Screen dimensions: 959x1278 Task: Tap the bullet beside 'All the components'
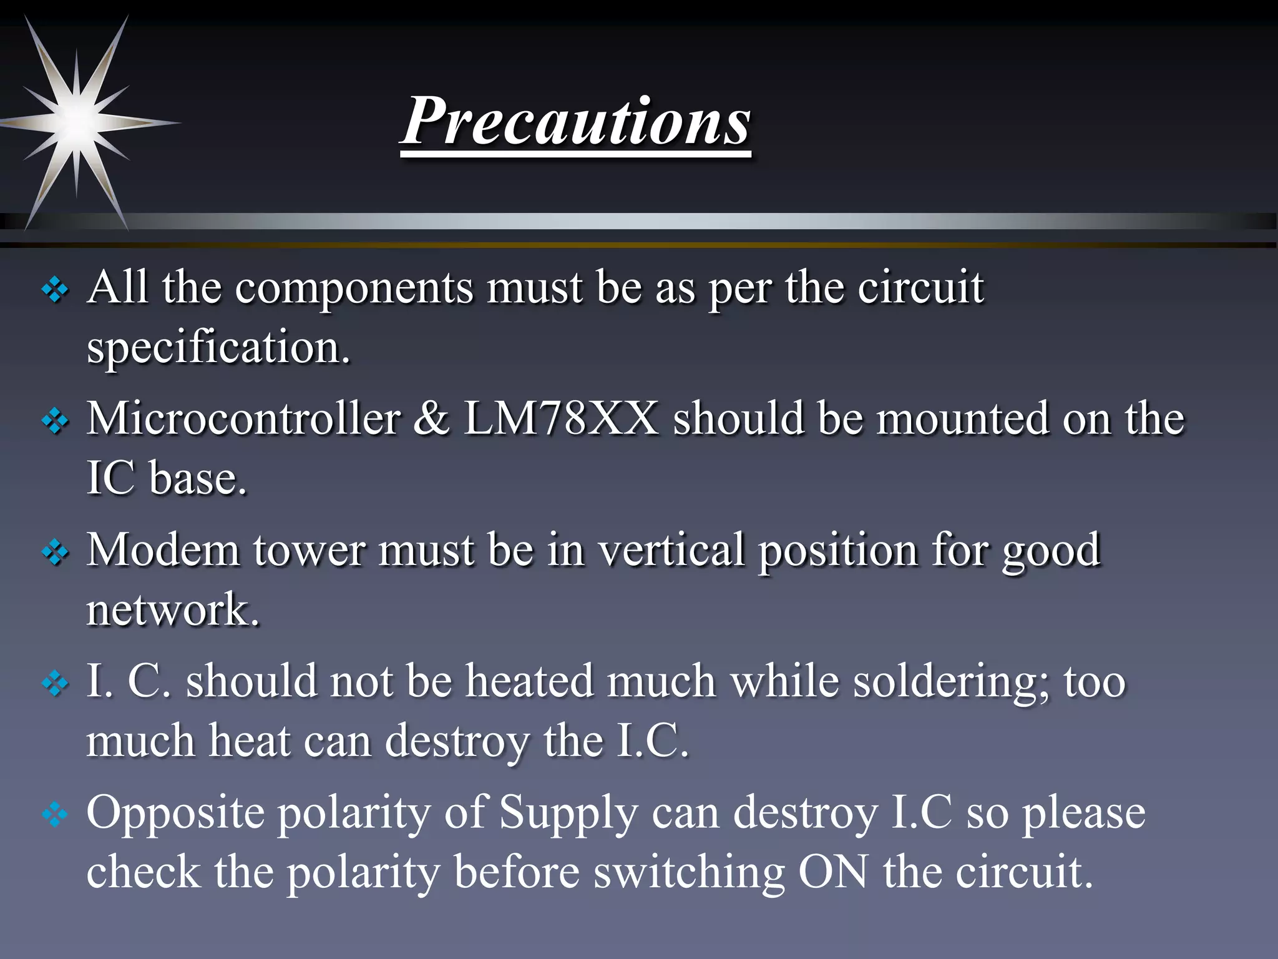pos(55,290)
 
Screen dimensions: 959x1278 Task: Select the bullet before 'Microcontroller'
pos(55,421)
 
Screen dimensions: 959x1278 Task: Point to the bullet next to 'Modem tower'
pos(55,553)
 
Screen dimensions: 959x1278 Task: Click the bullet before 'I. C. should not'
pos(55,684)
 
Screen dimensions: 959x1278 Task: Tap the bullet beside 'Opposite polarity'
pos(55,815)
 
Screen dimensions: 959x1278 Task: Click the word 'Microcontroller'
pos(243,418)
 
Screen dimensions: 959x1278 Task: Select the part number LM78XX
pos(561,418)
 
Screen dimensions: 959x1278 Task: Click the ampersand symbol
pos(431,418)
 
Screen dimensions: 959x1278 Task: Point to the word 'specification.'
pos(218,348)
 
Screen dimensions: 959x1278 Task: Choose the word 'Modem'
pos(163,550)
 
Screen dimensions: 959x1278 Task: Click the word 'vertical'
pos(671,550)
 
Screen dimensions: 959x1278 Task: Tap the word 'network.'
pos(173,610)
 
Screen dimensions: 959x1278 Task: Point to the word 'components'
pos(354,288)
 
